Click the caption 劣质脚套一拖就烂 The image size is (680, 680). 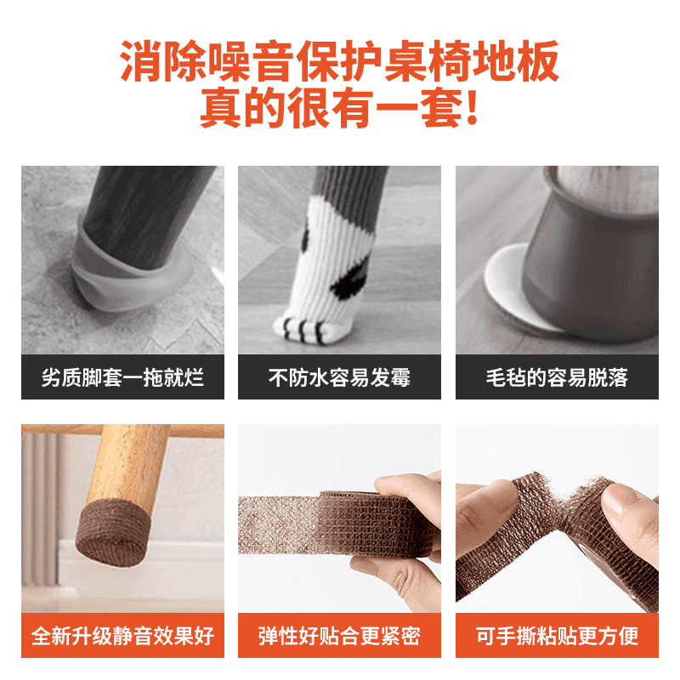click(122, 377)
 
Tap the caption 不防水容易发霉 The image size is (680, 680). click(339, 377)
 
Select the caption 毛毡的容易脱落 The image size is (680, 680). click(557, 377)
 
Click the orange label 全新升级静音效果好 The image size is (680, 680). click(122, 635)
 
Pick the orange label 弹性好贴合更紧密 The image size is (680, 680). click(339, 635)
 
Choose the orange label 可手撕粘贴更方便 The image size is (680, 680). click(557, 635)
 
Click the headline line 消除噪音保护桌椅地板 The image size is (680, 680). click(339, 64)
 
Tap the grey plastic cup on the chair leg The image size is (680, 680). click(591, 255)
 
